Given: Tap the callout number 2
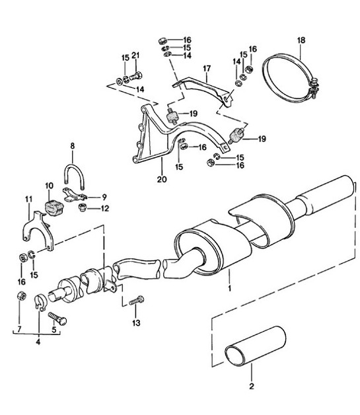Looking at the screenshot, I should point(250,385).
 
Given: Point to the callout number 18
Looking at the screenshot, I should point(302,41).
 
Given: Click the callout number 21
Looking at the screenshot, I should point(135,55).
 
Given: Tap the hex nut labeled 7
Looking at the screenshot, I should point(21,298).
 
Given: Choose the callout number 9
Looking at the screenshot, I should point(106,196).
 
